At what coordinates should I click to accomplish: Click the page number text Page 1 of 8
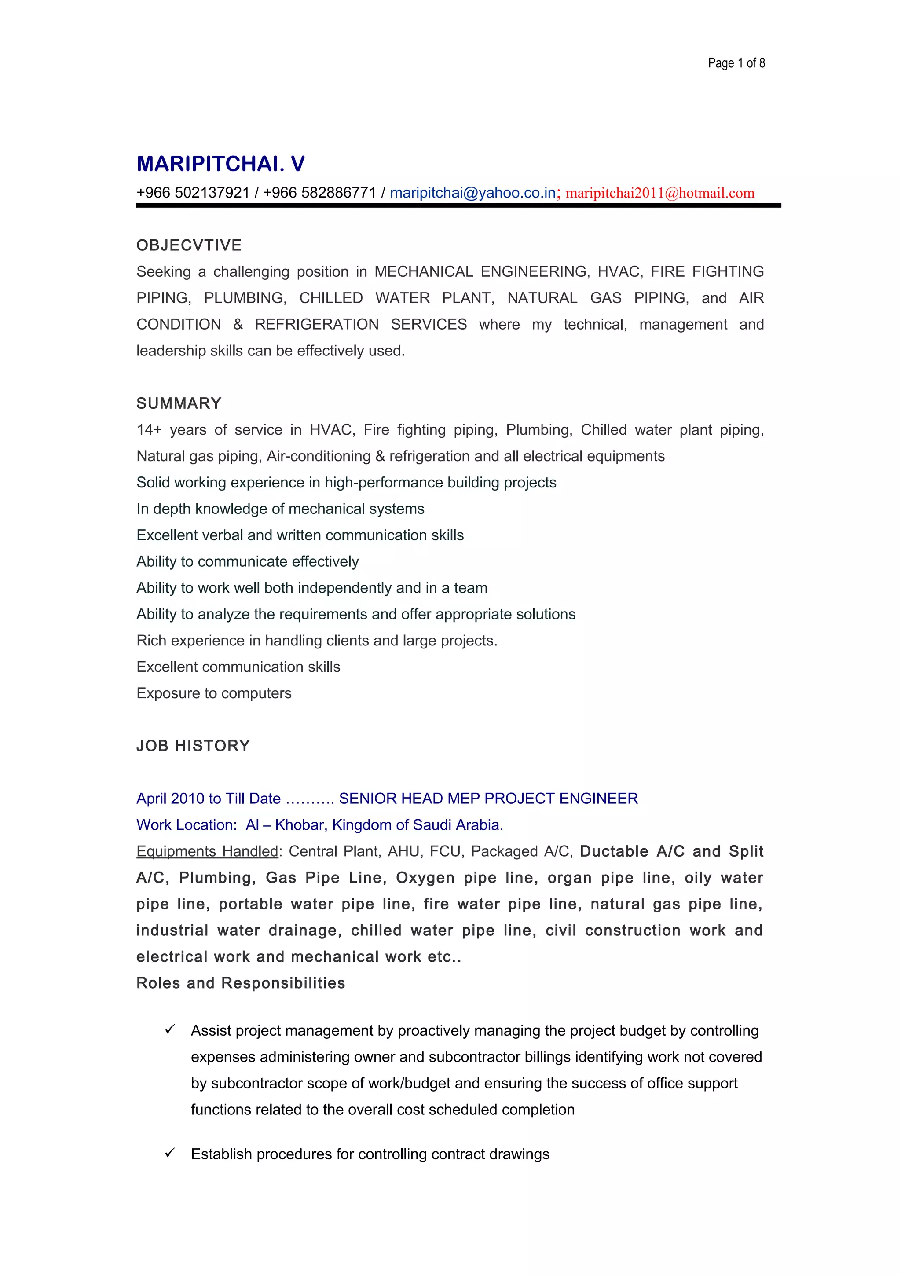pos(736,63)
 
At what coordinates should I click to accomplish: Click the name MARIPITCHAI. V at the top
pos(220,164)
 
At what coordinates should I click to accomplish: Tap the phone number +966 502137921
pos(193,193)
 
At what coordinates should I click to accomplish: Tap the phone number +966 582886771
pos(319,193)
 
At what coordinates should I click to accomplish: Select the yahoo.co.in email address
pos(472,193)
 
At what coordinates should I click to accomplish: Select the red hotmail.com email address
pos(659,193)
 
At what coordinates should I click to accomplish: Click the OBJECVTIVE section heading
pos(189,245)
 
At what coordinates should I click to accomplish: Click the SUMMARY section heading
pos(179,403)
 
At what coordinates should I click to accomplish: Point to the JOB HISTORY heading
pos(193,745)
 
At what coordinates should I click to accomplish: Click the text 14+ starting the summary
pos(149,430)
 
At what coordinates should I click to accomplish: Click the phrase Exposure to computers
pos(214,693)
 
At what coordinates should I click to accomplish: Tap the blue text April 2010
pos(170,799)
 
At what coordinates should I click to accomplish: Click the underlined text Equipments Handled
pos(207,851)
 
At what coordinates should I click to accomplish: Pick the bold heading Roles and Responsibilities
pos(240,983)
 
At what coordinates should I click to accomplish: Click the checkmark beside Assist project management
pos(170,1030)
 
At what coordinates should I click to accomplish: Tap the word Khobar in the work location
pos(300,825)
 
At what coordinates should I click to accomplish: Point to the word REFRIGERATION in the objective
pos(316,324)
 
